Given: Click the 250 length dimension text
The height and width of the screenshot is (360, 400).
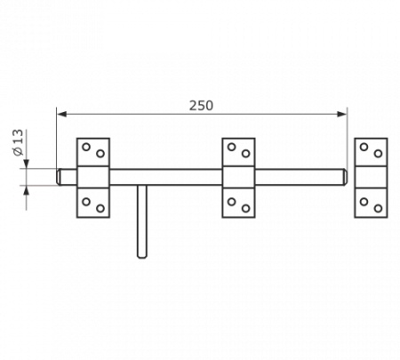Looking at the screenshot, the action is (201, 106).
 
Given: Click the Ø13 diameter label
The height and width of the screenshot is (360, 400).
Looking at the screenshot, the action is (18, 142).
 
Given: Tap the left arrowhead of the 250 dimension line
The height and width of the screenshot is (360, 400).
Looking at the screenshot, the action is (61, 114).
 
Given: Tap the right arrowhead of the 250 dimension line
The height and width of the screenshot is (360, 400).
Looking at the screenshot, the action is (341, 114).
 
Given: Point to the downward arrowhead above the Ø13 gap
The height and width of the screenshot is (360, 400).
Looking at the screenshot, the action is (27, 164).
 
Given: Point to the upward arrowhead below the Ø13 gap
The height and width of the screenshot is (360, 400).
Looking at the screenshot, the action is (27, 190).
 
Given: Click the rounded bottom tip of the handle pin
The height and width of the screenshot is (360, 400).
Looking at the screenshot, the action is (142, 256).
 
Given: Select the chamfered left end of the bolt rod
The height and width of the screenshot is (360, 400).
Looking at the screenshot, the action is (59, 177).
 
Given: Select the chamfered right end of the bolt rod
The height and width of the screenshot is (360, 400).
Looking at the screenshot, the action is (345, 177).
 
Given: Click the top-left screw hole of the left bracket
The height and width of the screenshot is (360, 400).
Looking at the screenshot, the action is (86, 147).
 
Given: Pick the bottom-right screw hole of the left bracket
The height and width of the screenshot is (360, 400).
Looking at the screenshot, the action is (100, 208).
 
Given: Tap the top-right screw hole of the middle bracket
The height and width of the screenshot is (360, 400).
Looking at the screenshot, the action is (245, 154).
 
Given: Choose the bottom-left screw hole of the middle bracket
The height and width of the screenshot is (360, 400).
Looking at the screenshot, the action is (231, 202).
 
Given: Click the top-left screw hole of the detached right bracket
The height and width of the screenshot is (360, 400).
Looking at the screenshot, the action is (364, 147).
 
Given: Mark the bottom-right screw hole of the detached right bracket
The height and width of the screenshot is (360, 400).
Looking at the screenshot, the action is (378, 208).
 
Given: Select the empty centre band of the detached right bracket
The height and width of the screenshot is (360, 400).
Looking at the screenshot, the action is (371, 177).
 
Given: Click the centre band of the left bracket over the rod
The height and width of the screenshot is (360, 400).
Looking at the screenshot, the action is (93, 177).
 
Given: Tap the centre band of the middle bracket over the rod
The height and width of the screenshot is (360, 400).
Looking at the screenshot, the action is (238, 177).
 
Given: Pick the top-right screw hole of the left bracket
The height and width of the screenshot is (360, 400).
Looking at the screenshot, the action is (100, 154).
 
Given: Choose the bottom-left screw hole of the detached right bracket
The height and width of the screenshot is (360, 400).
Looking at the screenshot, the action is (364, 202).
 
